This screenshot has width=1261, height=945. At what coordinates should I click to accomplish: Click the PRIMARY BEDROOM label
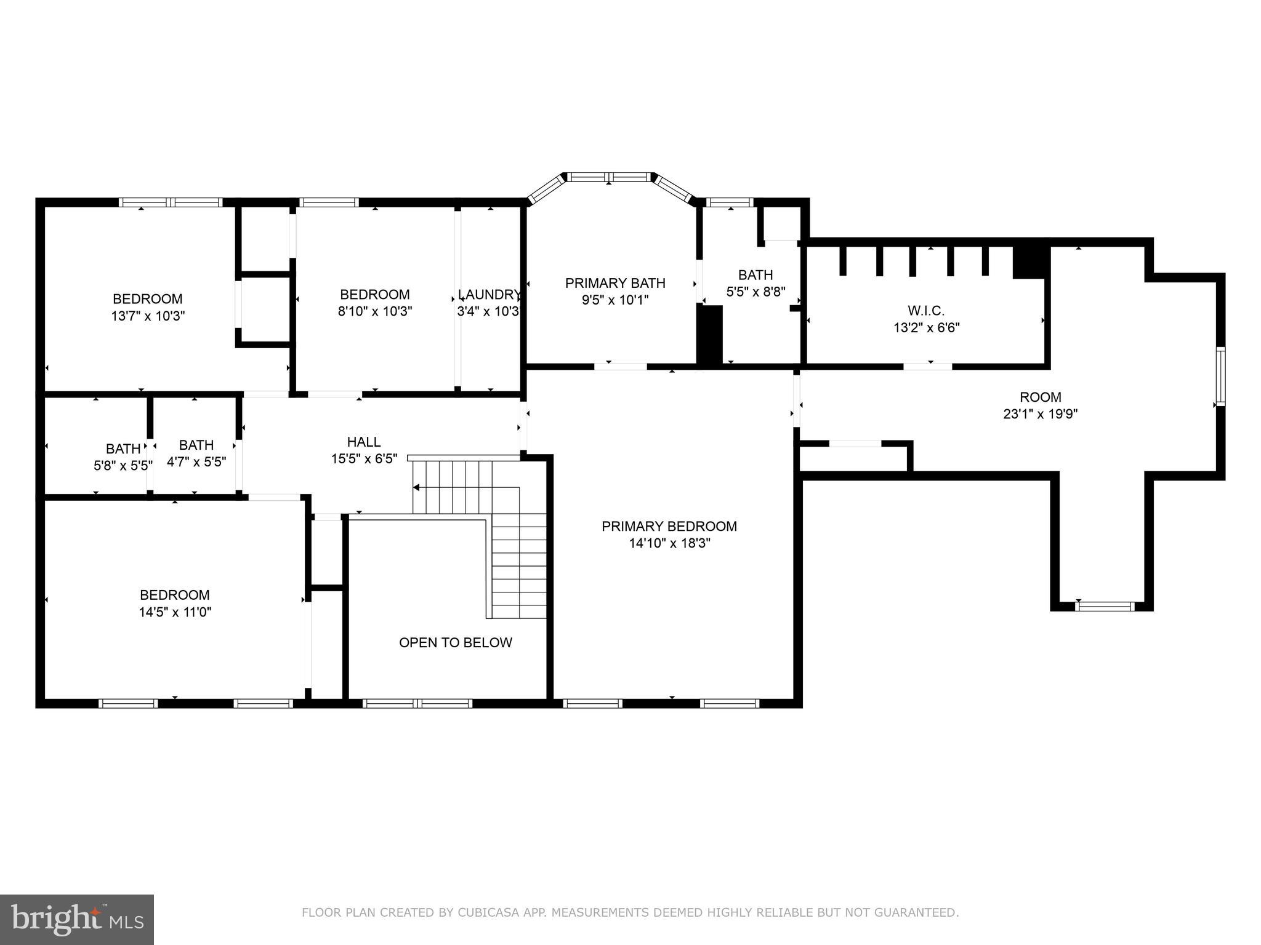pos(669,526)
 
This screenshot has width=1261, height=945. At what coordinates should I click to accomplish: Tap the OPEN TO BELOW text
pos(455,642)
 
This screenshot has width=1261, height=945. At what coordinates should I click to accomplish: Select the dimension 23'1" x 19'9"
pos(1040,414)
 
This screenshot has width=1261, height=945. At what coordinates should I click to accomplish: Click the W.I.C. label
pos(925,311)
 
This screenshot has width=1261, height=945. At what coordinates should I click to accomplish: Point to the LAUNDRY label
pos(489,294)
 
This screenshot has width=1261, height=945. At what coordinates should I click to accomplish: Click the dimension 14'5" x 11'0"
pos(175,612)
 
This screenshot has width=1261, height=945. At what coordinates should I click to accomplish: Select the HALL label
pos(364,442)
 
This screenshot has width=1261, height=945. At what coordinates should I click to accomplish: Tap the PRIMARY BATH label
pos(615,283)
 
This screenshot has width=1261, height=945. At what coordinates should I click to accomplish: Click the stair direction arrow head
pos(416,488)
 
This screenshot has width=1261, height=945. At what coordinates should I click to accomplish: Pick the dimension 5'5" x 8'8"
pos(755,292)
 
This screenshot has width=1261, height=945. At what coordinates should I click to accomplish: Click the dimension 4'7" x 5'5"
pos(196,461)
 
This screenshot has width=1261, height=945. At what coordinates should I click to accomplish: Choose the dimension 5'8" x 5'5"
pos(123,466)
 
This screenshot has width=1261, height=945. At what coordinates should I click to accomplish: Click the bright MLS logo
pos(77,919)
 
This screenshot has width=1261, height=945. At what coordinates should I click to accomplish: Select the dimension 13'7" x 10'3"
pos(148,316)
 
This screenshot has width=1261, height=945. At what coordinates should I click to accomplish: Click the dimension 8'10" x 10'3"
pos(374,311)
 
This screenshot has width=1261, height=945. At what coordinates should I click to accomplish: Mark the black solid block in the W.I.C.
pos(1031,261)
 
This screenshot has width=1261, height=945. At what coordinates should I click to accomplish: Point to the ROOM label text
pos(1040,397)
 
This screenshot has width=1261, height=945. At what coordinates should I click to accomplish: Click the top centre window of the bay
pos(609,177)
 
